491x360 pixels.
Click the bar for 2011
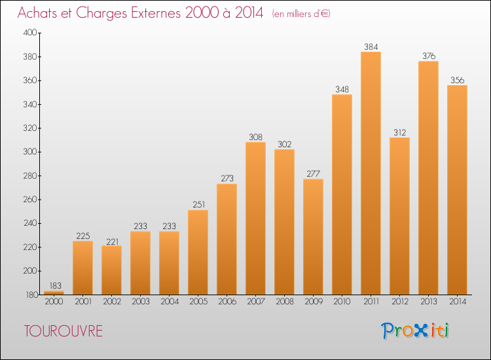coord(371,173)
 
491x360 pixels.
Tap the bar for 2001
coord(82,268)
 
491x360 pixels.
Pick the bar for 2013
coord(428,177)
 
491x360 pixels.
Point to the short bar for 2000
coord(54,293)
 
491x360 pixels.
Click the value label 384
coord(371,46)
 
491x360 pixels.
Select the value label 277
coord(313,173)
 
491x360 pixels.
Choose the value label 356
coord(457,80)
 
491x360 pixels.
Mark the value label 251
coord(198,205)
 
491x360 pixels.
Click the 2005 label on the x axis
coord(198,303)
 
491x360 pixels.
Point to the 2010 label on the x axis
coord(342,303)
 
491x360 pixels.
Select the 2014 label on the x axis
coord(457,303)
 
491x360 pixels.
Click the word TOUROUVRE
coord(63,331)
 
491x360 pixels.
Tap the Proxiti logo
coord(415,331)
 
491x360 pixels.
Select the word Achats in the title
coord(41,13)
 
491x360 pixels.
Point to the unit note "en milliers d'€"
coord(302,14)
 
